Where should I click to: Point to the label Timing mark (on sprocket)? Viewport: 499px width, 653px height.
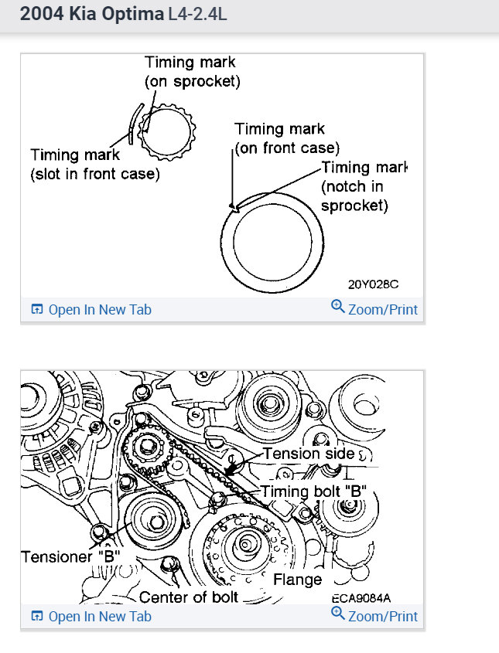click(191, 71)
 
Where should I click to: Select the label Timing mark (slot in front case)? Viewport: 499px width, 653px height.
click(94, 165)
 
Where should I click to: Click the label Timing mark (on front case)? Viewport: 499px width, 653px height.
click(287, 138)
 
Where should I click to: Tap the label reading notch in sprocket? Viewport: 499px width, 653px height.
click(354, 196)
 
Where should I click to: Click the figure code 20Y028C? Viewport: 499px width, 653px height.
click(373, 284)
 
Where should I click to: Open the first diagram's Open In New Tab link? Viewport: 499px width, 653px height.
click(91, 310)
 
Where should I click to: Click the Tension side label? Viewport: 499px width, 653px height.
click(308, 454)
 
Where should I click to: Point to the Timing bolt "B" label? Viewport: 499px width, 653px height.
click(313, 491)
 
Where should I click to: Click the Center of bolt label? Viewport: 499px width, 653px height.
click(189, 597)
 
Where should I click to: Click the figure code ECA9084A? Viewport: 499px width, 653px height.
click(361, 597)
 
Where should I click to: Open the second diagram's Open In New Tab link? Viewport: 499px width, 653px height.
click(91, 617)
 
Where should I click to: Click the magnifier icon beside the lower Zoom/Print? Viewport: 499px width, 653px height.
click(337, 614)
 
